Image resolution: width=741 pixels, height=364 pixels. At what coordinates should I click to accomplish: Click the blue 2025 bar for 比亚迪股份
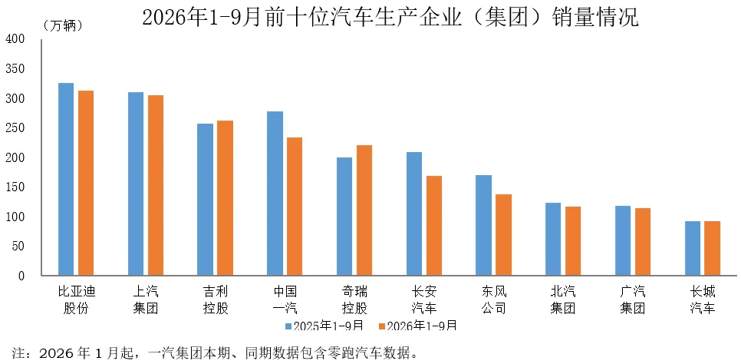(x=66, y=179)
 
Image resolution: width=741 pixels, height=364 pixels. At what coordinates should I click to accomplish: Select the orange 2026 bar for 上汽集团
(x=156, y=185)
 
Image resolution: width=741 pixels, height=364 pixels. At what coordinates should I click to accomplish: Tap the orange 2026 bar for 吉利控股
(x=226, y=198)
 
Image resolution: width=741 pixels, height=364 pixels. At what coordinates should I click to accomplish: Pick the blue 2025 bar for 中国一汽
(x=275, y=193)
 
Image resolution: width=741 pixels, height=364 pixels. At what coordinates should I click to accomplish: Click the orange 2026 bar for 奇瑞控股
(x=364, y=210)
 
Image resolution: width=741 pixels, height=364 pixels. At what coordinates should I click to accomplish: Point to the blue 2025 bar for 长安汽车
(x=414, y=213)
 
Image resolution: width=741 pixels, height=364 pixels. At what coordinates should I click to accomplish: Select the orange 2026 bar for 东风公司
(x=504, y=235)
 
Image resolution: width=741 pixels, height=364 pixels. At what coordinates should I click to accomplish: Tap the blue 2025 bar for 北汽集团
(x=553, y=239)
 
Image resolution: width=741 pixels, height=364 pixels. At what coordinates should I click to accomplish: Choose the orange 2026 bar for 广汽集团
(x=643, y=241)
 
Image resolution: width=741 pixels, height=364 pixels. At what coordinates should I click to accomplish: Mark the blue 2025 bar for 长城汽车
(x=693, y=248)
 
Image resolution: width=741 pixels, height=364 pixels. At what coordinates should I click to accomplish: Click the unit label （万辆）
(x=63, y=25)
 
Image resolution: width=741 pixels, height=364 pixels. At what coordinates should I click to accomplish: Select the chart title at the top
(x=390, y=18)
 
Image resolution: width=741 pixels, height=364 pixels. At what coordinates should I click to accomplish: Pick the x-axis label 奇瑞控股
(x=354, y=299)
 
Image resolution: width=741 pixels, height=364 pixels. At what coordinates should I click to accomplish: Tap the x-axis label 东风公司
(x=494, y=299)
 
